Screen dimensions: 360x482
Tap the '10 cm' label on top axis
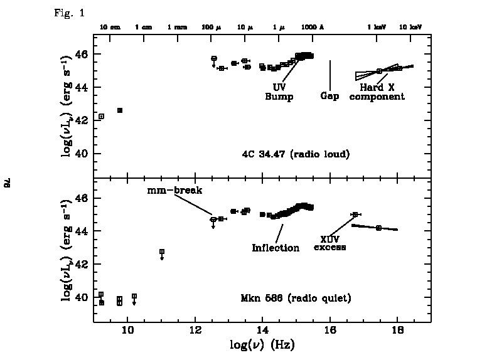point(110,28)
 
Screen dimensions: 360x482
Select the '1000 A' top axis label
point(312,28)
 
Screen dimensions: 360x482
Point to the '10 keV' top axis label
point(410,28)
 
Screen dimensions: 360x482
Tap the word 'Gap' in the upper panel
point(330,97)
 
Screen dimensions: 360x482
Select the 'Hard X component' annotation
point(377,92)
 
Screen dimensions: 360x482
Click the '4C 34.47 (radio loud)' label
point(296,153)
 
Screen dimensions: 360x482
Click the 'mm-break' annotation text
point(168,190)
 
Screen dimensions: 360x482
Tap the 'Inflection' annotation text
point(276,248)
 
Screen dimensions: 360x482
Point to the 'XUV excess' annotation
point(330,243)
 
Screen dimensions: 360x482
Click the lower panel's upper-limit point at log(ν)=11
point(162,251)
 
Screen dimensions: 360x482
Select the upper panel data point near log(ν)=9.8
point(120,110)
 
